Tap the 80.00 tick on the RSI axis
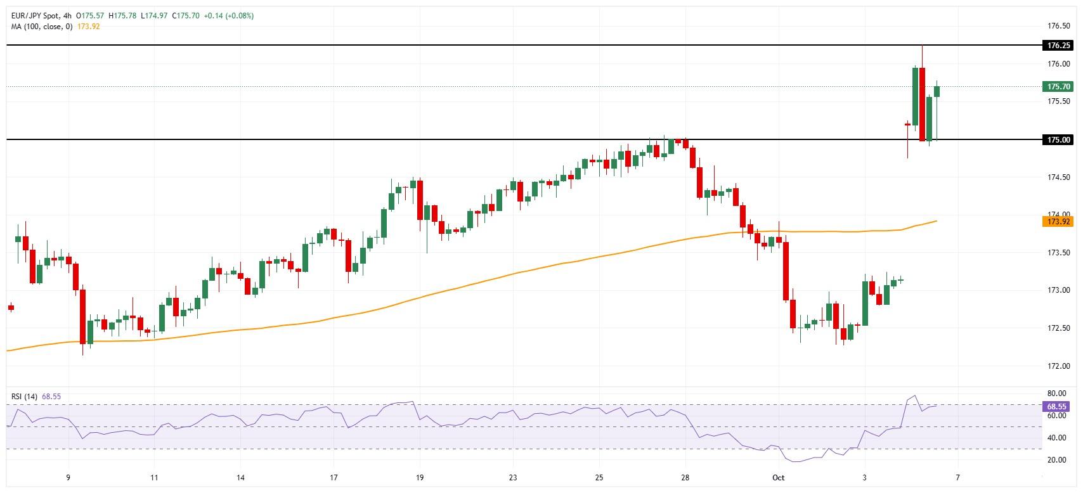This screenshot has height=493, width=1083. coord(1056,394)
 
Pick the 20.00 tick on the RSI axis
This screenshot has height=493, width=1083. coord(1056,460)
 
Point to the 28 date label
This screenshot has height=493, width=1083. coord(685,478)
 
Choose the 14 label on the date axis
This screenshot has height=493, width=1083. coord(240,478)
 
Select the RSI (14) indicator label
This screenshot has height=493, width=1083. coord(24,397)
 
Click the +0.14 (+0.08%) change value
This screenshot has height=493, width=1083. coord(228,15)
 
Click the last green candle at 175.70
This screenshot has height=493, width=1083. coord(937,92)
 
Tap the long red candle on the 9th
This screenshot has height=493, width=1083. coord(82,317)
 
